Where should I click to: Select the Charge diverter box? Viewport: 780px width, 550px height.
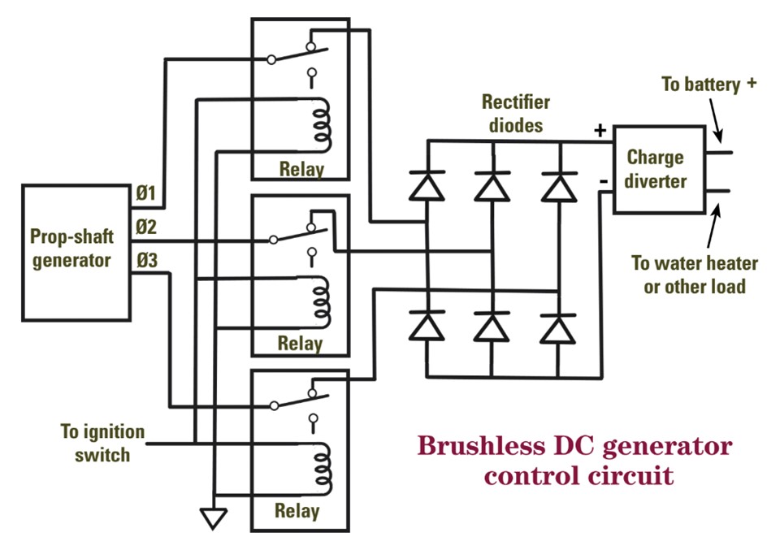(657, 169)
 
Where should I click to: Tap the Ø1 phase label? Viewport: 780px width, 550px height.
(146, 194)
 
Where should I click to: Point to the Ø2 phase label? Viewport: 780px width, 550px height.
(146, 227)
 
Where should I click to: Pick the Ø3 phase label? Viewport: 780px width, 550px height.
(146, 261)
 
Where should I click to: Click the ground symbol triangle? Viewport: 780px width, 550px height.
(212, 518)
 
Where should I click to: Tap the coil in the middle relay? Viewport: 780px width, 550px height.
(323, 301)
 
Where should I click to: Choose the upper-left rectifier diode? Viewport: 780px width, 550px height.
(427, 186)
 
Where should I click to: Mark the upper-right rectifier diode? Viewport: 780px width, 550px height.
(559, 186)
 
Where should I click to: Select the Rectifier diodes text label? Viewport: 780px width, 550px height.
(515, 114)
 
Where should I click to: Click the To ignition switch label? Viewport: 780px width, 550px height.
(102, 443)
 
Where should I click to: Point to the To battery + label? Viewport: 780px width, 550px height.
(708, 84)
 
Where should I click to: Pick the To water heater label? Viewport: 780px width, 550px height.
(694, 275)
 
